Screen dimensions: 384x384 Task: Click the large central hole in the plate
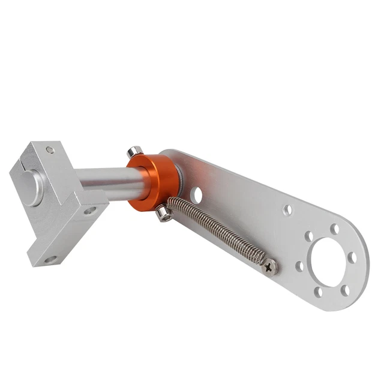click(327, 259)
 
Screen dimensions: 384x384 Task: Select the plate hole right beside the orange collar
click(196, 194)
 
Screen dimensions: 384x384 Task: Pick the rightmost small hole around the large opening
click(352, 257)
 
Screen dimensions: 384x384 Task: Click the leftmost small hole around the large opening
click(299, 265)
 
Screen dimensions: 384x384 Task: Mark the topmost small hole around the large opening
click(334, 229)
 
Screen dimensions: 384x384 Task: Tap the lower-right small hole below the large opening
click(344, 290)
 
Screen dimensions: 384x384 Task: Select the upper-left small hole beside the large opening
click(308, 236)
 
